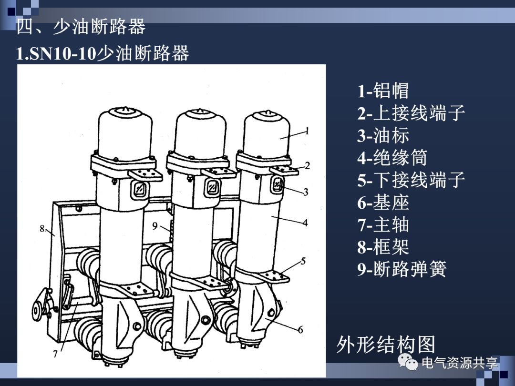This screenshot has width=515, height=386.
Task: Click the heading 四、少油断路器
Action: click(81, 27)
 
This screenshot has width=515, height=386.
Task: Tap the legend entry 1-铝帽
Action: click(383, 91)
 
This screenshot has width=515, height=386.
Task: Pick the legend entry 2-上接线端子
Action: click(411, 113)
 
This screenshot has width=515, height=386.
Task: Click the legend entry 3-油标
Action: click(383, 136)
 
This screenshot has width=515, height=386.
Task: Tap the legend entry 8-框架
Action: click(383, 247)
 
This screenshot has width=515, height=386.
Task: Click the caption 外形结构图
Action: click(386, 344)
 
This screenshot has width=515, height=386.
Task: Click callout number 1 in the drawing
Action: click(308, 130)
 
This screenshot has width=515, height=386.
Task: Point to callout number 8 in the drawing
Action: click(42, 229)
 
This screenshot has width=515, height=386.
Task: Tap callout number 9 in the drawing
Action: click(155, 226)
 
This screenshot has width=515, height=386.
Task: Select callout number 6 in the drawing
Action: click(300, 329)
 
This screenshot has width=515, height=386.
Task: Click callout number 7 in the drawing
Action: click(55, 354)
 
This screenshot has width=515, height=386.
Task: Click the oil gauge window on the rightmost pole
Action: click(278, 184)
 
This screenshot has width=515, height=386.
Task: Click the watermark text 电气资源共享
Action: click(459, 364)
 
